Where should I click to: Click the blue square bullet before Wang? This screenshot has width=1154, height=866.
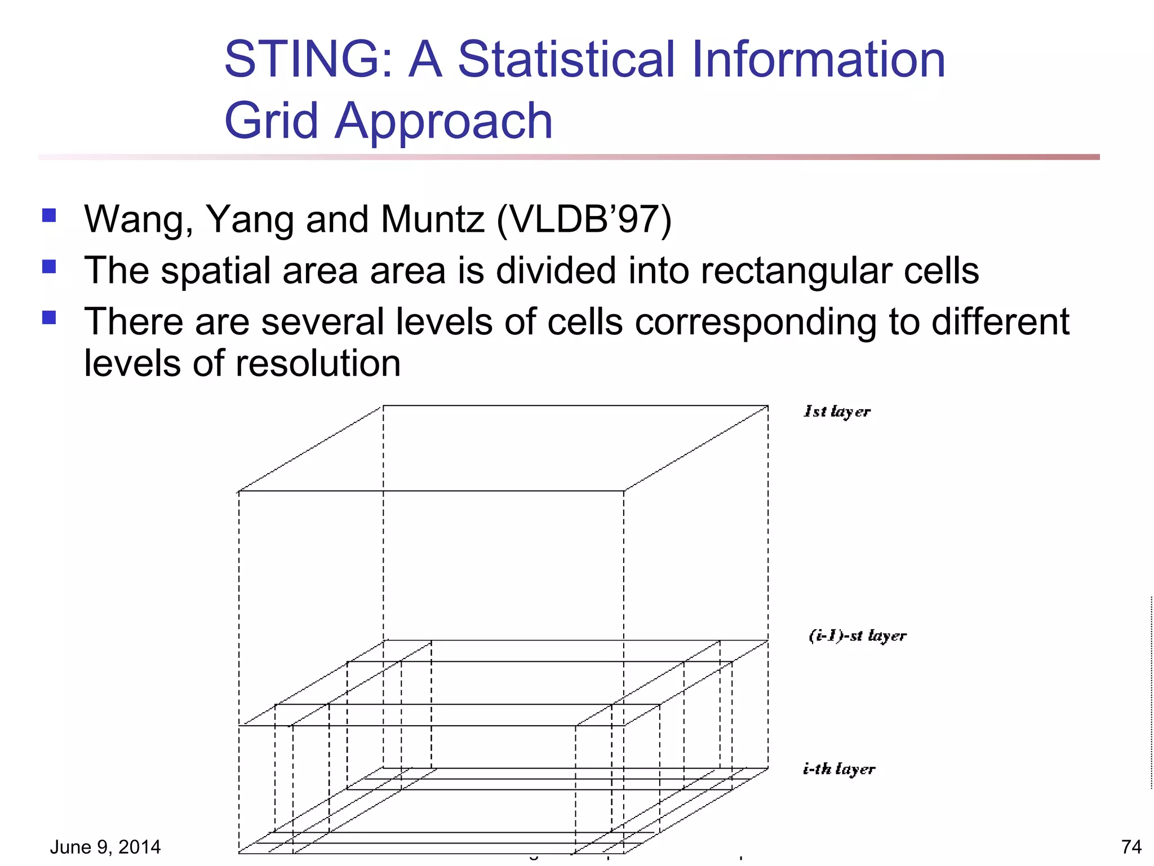(x=49, y=216)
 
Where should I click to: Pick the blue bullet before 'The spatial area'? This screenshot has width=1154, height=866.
(x=49, y=266)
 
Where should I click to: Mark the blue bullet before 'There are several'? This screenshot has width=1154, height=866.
(x=49, y=317)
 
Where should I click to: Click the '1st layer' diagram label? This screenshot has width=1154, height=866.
(x=837, y=412)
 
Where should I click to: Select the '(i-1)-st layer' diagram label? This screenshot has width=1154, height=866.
(x=857, y=636)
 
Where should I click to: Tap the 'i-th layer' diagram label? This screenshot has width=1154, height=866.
(x=838, y=769)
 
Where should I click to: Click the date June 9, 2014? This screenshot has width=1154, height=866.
(x=105, y=847)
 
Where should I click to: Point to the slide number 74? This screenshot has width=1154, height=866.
(x=1131, y=847)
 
